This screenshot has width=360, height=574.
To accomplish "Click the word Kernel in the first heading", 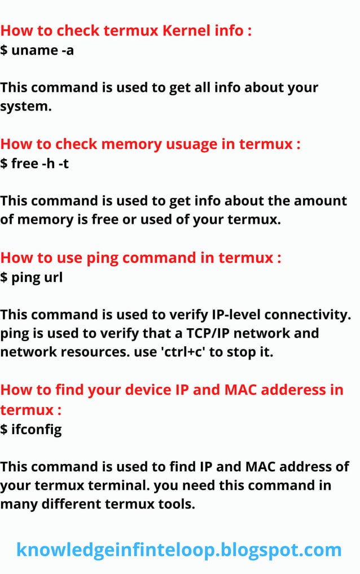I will (x=186, y=30).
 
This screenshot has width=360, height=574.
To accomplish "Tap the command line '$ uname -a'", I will (x=37, y=50).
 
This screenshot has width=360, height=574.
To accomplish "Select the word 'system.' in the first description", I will (x=26, y=105).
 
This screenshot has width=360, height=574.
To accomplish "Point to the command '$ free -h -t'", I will (x=35, y=164).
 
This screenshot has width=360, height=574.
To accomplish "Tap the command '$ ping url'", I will (x=31, y=278).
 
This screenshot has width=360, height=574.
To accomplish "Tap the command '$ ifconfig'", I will (x=31, y=429).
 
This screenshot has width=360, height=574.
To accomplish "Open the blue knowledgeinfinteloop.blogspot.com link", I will (x=179, y=549).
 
